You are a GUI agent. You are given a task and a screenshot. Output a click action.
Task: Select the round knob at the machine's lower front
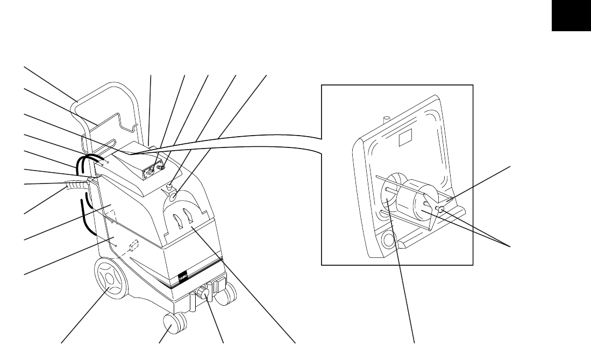click(203, 293)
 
